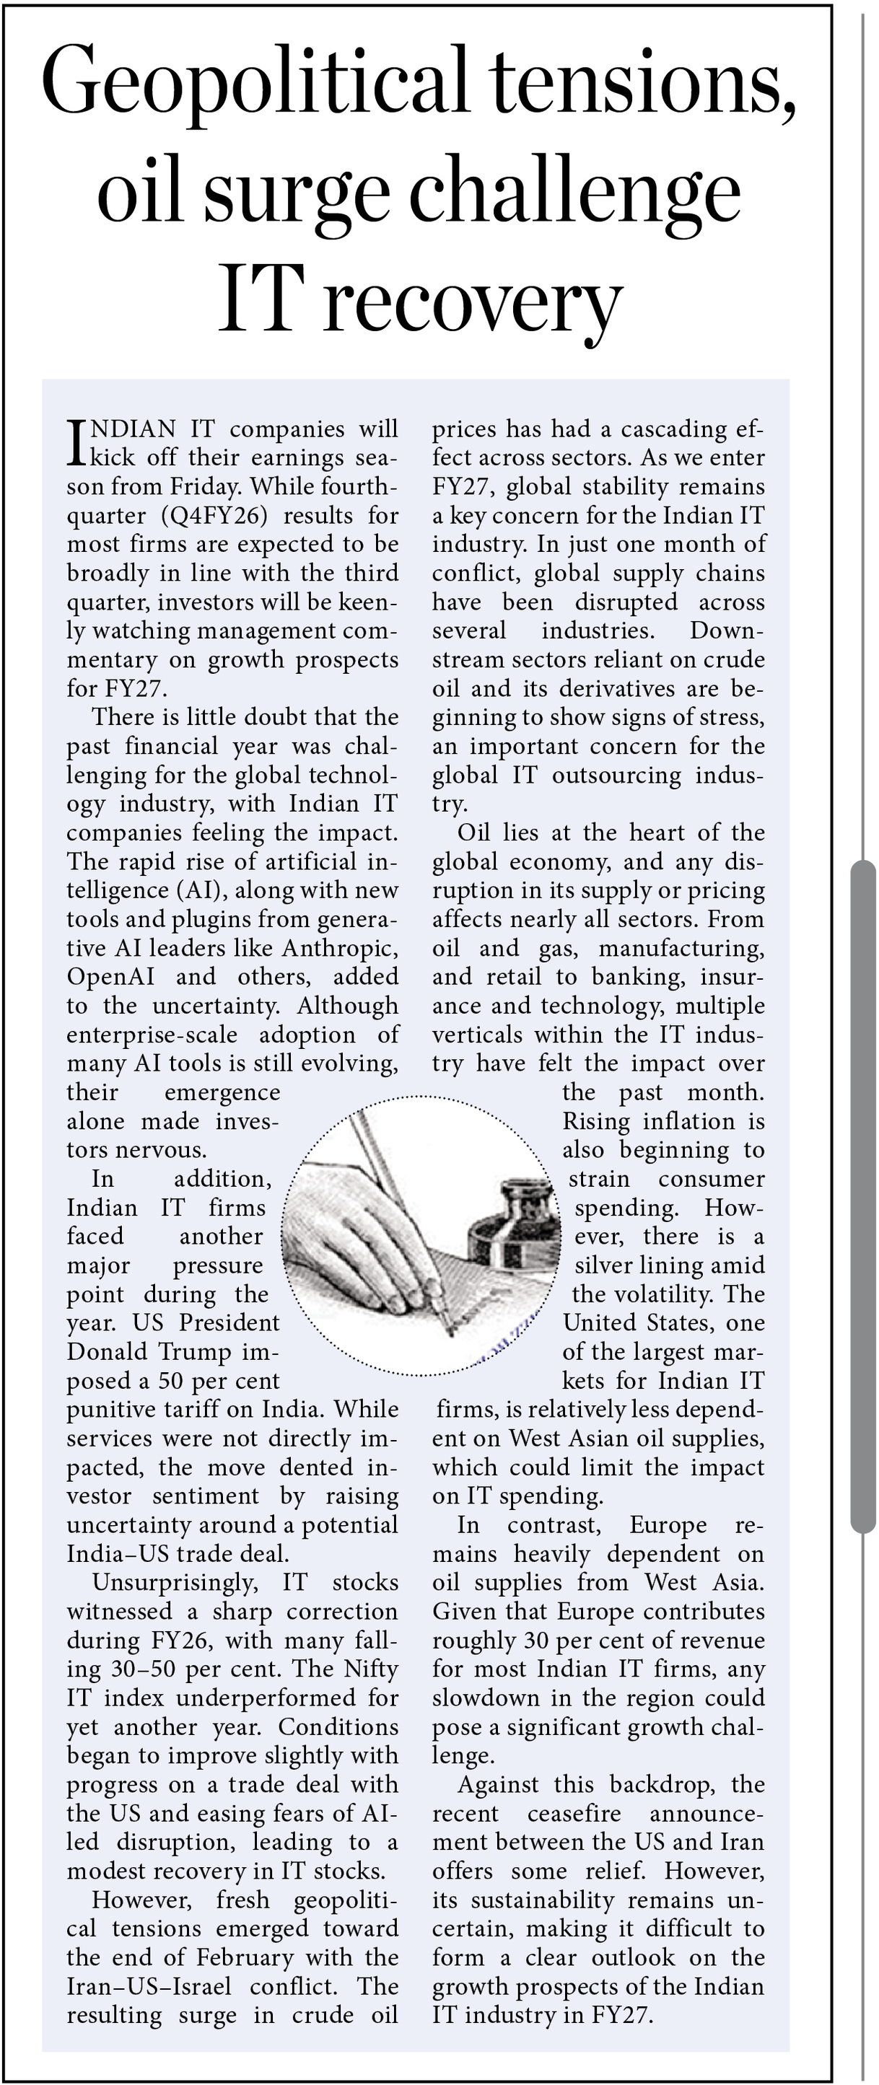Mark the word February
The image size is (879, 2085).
(248, 1958)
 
